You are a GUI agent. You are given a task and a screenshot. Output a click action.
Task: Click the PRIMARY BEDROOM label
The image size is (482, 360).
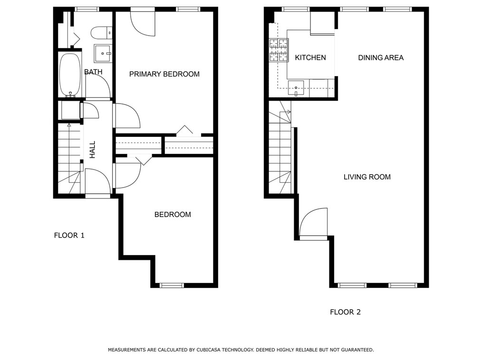pos(164,74)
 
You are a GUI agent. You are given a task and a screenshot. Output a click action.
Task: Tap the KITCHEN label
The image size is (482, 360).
pos(310,57)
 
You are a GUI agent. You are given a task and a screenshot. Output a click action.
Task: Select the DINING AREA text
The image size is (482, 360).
pos(381,57)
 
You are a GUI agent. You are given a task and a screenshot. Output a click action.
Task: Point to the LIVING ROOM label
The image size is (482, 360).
pos(367,177)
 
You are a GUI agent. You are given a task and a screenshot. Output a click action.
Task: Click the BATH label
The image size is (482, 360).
pos(93,72)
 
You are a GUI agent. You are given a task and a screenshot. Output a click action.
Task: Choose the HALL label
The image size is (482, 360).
pos(93,150)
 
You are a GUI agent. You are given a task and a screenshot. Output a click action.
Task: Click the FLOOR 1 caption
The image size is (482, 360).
pos(69,236)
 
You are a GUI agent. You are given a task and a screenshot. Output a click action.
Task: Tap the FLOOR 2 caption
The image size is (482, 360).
pos(345,312)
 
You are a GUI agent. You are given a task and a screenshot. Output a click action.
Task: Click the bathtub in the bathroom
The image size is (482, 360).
pos(70,75)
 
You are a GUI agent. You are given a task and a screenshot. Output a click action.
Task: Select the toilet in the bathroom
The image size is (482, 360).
pos(101,33)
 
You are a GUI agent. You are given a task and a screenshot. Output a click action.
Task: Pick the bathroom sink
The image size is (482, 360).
pos(103,54)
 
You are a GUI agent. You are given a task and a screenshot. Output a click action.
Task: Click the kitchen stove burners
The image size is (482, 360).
pos(279,50)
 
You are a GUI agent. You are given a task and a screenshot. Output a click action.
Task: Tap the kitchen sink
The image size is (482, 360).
pos(296,88)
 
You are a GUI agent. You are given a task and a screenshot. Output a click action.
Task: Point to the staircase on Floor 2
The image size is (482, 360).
pos(280,147)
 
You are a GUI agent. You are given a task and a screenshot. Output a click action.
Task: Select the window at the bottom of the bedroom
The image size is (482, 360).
pos(172,285)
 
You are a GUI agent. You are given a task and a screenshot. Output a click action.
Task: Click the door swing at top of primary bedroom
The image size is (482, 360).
pos(143,24)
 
